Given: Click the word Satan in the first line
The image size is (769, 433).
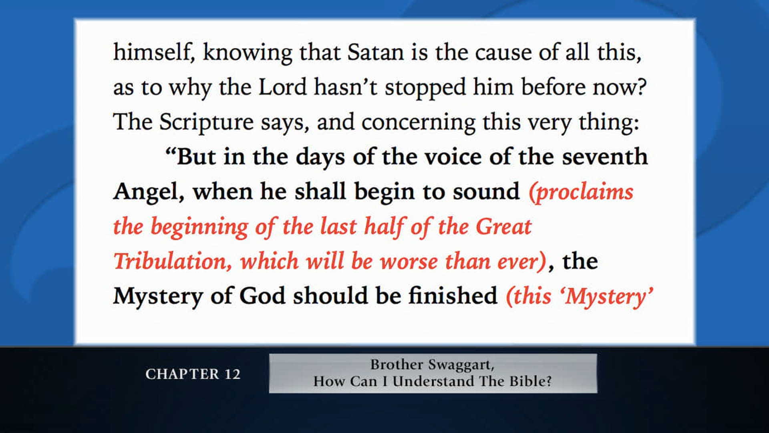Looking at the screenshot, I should pos(375,53).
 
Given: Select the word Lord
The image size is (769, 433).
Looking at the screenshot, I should pos(282,87).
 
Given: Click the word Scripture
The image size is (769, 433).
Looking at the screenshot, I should pos(206,122).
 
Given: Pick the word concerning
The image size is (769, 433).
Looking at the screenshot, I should pos(418,122).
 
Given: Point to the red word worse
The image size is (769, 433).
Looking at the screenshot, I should pos(409,261).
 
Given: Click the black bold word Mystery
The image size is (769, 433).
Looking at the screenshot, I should pos(158,297).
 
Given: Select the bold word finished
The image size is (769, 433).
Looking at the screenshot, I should pos(453,296).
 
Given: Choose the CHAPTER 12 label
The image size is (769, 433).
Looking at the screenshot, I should pos(193,374).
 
